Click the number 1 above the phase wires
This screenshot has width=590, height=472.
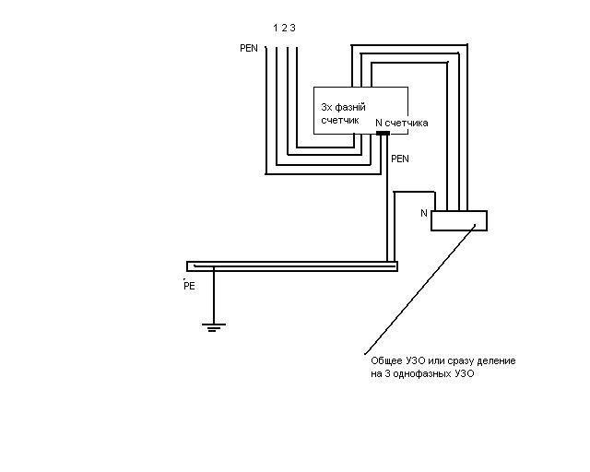tap(275, 28)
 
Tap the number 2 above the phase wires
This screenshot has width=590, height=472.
tap(284, 28)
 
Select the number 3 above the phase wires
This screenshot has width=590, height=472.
tap(293, 28)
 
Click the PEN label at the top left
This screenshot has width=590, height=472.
tap(249, 48)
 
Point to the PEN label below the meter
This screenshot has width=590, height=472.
tap(400, 159)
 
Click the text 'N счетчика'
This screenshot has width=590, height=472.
tap(402, 123)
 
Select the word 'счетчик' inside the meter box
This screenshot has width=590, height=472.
tap(340, 121)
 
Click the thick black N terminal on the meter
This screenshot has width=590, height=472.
tap(383, 133)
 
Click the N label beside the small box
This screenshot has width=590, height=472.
tap(424, 214)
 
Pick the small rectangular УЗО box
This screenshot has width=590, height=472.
tap(459, 220)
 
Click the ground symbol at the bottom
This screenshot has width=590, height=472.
tap(214, 327)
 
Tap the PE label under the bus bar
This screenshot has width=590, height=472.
tap(189, 286)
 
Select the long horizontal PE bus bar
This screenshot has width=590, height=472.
tap(292, 266)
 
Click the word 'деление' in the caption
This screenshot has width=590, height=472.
tap(496, 361)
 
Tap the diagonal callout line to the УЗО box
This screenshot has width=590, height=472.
tap(420, 289)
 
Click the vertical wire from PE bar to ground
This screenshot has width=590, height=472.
tap(214, 296)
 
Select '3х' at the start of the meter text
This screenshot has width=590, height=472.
tap(325, 107)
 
